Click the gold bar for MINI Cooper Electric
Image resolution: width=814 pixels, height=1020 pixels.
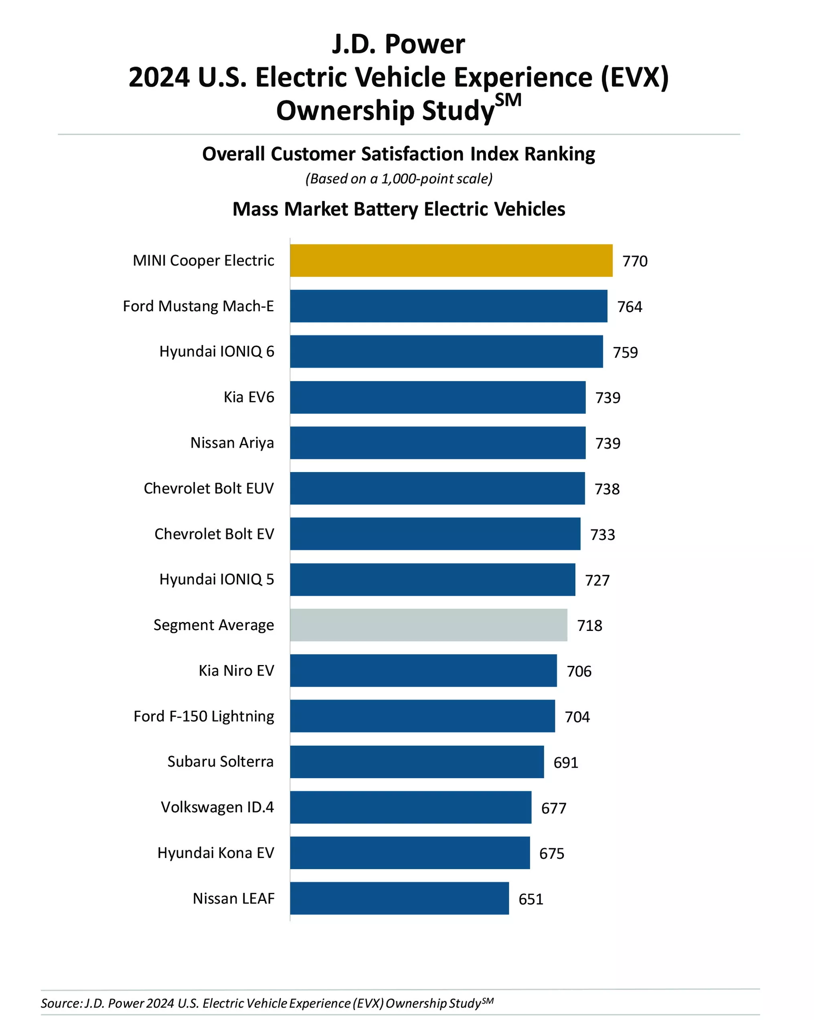coord(451,260)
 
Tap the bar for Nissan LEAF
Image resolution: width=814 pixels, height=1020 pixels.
coord(399,898)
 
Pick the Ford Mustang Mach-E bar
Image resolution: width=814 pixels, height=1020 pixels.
coord(448,306)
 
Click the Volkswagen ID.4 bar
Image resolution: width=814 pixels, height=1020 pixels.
coord(411,807)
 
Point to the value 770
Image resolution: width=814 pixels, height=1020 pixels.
coord(635,261)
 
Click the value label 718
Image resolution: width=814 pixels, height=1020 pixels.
coord(589,625)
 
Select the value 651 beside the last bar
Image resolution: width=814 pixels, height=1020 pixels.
coord(531,899)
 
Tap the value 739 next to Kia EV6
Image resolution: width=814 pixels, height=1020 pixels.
coord(607,397)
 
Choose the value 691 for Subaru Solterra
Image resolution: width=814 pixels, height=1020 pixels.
coord(566,762)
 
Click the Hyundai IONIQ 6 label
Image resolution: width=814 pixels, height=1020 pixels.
coord(217,351)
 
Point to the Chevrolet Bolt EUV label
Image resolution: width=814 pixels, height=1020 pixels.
coord(209,488)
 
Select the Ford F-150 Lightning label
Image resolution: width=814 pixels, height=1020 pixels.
coord(204,716)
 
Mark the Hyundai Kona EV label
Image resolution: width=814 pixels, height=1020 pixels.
coord(216,852)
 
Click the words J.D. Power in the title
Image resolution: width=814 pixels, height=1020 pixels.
coord(398,44)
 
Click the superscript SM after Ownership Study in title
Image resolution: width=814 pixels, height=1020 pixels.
coord(508,100)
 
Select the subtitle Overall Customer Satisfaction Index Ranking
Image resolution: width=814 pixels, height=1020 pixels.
coord(398,154)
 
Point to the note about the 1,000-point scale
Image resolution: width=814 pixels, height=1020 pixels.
coord(399,179)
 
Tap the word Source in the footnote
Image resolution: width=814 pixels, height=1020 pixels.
coord(61,1003)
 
